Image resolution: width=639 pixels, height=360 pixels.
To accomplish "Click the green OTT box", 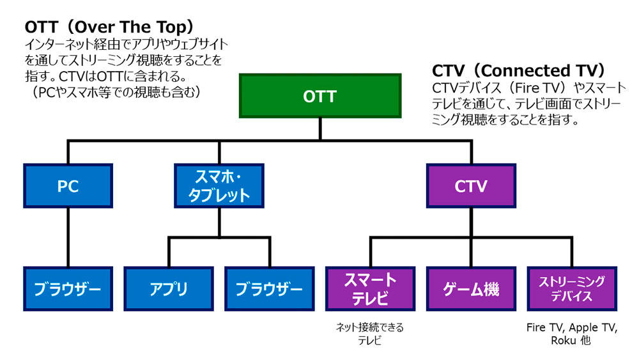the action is coord(320,96).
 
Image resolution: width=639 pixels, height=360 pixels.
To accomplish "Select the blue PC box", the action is coord(68,186).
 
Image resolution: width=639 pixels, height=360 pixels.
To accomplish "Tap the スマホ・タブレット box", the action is coord(219,186).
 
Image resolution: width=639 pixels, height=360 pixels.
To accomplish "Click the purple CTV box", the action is coord(471,186).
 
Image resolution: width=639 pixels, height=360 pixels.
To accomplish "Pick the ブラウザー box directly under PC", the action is coord(68,288).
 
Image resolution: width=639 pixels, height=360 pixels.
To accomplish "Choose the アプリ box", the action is coord(169,288).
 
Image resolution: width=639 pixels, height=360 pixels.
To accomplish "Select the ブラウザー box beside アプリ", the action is coord(270,288).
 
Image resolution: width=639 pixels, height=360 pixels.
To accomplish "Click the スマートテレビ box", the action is coord(371,288).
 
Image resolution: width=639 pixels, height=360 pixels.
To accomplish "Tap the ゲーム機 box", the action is coord(471,288).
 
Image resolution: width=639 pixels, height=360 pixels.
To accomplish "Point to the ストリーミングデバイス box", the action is coord(572,288).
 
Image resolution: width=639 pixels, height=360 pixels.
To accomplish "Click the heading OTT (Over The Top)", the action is coord(109,27).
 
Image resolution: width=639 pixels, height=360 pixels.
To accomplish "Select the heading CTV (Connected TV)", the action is coord(519,70).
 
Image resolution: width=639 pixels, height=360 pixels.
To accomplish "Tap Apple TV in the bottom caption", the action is coord(593,328).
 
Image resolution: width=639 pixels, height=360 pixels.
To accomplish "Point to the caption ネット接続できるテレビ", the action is coord(370,334).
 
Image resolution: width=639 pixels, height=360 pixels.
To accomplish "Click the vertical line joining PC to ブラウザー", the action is coord(68,237).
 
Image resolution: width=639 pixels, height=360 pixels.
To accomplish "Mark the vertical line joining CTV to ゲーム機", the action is coord(471,237).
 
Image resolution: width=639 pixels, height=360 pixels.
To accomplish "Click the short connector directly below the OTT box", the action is coord(320,129).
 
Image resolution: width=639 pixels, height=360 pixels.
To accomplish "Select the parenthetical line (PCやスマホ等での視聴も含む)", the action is coord(115,92).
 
